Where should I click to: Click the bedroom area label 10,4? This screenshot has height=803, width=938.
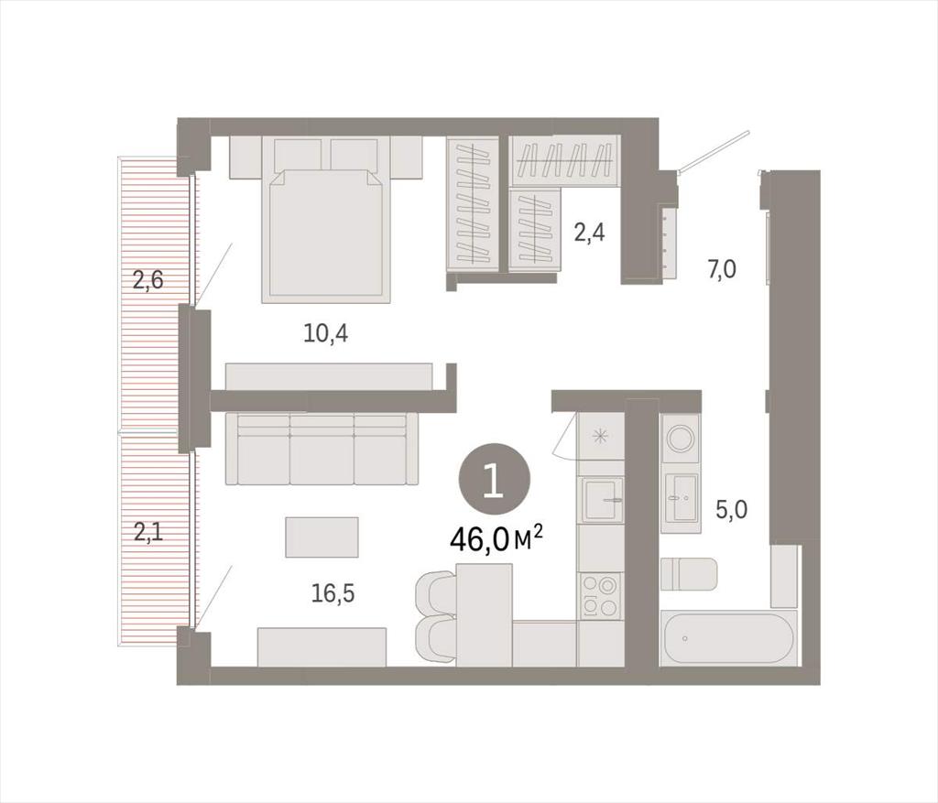tap(326, 333)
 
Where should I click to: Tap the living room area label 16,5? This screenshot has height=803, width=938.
tap(333, 593)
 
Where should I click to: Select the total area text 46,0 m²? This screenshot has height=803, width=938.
tap(496, 539)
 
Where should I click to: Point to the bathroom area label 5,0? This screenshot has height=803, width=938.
tap(732, 509)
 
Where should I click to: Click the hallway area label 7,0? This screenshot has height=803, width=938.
tap(722, 270)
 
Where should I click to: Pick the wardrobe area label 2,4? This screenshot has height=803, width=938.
tap(589, 232)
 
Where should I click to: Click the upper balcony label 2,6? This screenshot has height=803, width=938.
tap(147, 279)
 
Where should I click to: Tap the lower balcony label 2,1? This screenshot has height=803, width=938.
tap(147, 532)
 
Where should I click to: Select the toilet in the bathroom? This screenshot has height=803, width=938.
tap(689, 574)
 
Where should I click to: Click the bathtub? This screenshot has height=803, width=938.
tap(728, 638)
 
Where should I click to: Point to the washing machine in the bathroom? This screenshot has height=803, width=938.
tap(681, 439)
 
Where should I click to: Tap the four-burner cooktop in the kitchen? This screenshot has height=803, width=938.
tap(600, 595)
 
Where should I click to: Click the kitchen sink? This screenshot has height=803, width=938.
tap(604, 499)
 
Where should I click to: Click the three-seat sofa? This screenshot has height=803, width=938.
tap(322, 448)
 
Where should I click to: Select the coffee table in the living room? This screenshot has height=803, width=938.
tap(322, 537)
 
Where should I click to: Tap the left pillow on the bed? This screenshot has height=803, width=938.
tap(298, 154)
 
